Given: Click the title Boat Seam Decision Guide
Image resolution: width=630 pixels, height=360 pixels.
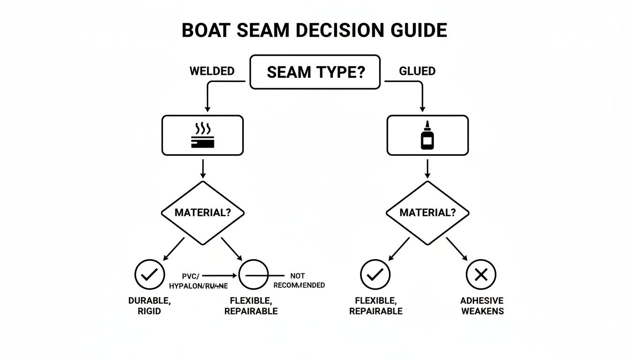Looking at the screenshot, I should pos(314,30).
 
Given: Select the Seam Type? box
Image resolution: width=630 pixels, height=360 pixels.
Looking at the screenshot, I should pos(315,72).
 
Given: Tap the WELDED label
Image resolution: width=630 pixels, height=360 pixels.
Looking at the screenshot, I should pos(212,71).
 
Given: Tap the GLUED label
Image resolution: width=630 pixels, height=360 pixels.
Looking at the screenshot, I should pos(417,71).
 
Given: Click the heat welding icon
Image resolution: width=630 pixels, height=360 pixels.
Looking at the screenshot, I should pos(202,135).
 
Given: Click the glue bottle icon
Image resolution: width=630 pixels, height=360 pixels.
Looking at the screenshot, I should pos(427,135).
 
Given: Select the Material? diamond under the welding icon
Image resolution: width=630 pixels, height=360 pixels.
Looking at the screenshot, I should pos(202,212).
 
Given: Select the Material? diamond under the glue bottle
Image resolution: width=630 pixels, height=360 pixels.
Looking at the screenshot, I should pos(427,212).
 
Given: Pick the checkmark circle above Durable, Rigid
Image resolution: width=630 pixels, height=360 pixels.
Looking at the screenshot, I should pos(150,275).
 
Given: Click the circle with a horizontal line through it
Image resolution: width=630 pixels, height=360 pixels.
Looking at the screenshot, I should pos(254,275).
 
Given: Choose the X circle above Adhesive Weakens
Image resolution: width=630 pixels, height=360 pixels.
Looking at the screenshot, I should pos(481,275).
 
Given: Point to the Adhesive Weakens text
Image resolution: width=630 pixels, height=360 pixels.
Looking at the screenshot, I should pos(482,306).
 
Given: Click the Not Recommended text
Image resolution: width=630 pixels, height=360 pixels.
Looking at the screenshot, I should pos(299,281).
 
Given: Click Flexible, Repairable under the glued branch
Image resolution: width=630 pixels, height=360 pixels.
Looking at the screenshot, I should pos(375,306).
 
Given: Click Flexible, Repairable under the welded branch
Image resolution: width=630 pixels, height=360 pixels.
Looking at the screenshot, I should pos(251,306).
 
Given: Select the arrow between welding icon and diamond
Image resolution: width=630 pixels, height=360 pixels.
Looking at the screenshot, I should pos(202,169).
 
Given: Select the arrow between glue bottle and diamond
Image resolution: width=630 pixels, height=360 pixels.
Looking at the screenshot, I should pos(427,169).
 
